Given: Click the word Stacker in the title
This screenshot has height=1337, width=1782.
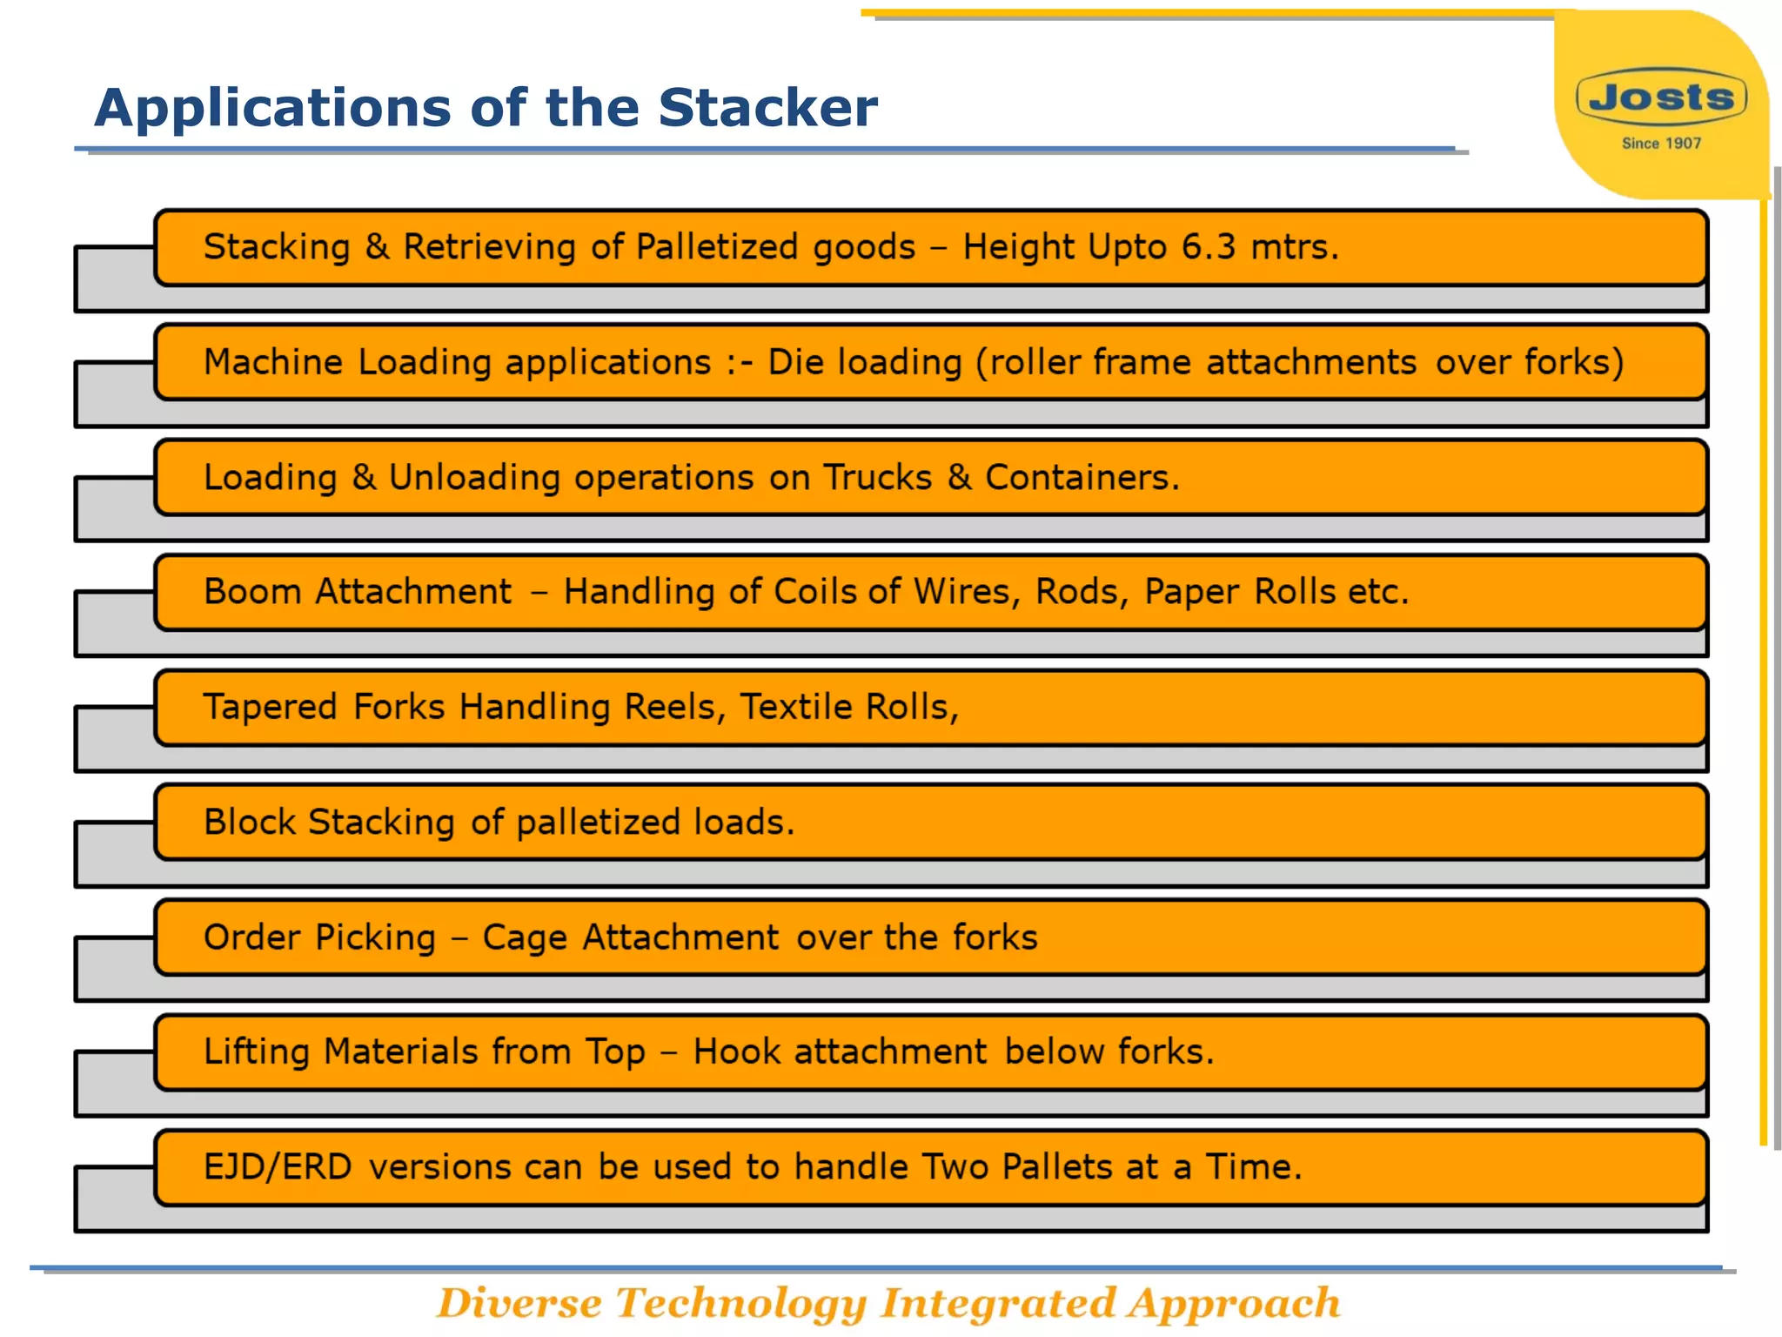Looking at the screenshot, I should (767, 108).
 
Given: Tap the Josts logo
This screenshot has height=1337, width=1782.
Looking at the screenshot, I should (1661, 97).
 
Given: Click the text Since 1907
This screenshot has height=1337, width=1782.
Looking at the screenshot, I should (1661, 144).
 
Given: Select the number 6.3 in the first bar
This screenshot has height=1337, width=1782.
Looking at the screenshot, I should (1208, 247).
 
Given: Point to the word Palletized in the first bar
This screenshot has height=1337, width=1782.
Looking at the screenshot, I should (717, 247).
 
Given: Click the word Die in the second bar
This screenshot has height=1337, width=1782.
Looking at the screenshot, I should (795, 362).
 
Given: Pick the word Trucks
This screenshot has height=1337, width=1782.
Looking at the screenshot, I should (877, 477).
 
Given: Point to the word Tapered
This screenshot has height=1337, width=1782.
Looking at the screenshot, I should (270, 707).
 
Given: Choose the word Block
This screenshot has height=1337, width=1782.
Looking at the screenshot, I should (250, 822).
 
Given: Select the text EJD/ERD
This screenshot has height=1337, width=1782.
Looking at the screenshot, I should (278, 1167).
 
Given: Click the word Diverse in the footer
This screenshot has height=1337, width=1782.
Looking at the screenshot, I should (519, 1304).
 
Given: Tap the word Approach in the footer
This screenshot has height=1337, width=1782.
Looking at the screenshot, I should (1234, 1304).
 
